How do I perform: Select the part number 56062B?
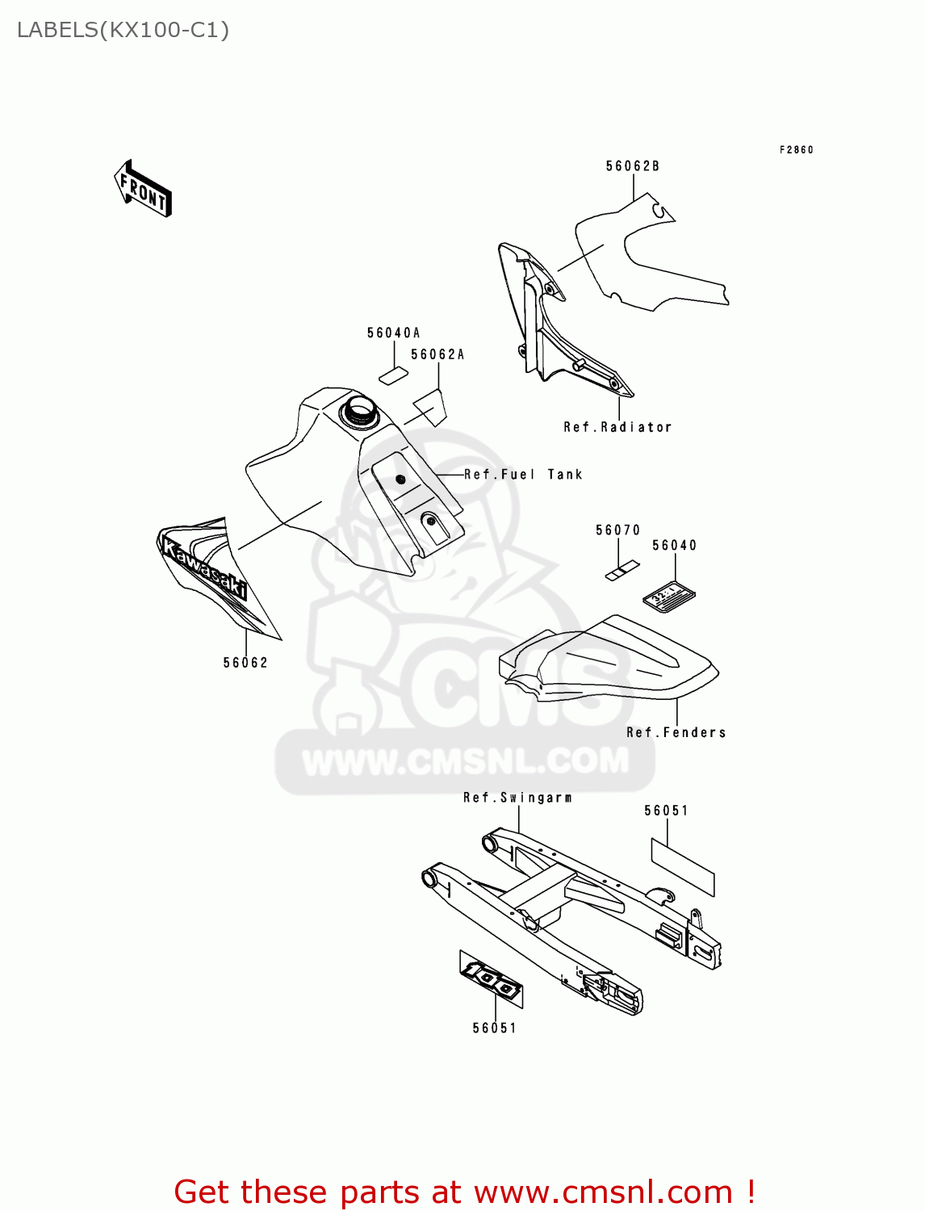click(633, 166)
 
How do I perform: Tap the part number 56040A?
click(394, 333)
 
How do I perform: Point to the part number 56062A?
click(438, 355)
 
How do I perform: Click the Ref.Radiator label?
click(617, 427)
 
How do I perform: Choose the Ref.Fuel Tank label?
click(523, 475)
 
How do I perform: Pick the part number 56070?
click(618, 530)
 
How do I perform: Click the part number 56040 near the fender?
click(675, 546)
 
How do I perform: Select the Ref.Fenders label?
click(676, 732)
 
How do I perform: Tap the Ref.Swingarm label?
click(518, 798)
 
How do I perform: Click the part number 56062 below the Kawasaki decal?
click(245, 663)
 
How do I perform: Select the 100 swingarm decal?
click(492, 979)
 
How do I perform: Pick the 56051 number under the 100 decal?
click(495, 1028)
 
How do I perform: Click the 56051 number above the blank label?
click(667, 811)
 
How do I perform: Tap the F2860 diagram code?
click(797, 150)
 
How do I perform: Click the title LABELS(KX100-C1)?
click(123, 31)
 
